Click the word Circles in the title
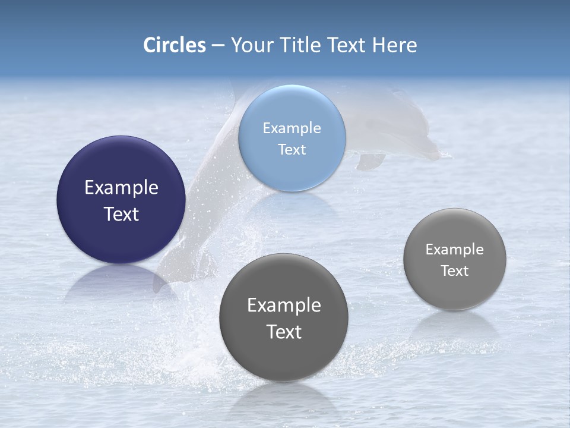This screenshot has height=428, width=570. click(x=175, y=45)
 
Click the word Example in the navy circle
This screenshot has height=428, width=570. click(x=121, y=188)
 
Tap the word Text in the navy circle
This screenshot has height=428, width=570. click(x=121, y=214)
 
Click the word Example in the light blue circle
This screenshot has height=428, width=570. click(x=292, y=128)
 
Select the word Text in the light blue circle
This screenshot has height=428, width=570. click(x=292, y=150)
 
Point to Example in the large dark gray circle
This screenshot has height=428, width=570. click(x=284, y=306)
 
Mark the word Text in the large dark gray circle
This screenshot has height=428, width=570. click(x=284, y=332)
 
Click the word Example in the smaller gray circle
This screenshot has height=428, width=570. click(x=455, y=250)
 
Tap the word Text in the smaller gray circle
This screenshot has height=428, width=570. click(x=455, y=271)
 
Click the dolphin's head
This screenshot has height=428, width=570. click(x=416, y=140)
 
